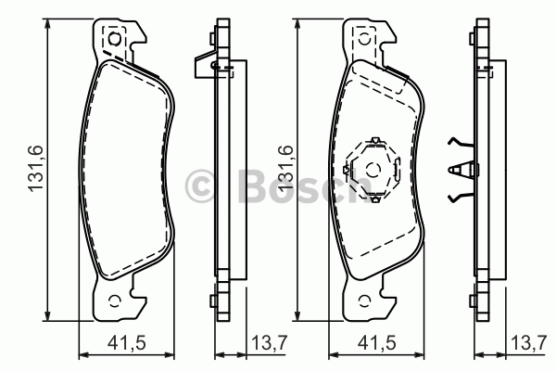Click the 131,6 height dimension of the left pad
pyautogui.click(x=36, y=168)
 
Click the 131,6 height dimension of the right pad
pyautogui.click(x=286, y=168)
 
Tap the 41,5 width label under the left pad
pyautogui.click(x=127, y=343)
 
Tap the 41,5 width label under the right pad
pyautogui.click(x=376, y=343)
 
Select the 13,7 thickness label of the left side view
pyautogui.click(x=269, y=343)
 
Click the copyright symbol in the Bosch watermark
pyautogui.click(x=200, y=185)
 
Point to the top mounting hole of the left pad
pyautogui.click(x=114, y=38)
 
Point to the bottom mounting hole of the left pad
pyautogui.click(x=114, y=301)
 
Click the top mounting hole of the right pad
pyautogui.click(x=365, y=38)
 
